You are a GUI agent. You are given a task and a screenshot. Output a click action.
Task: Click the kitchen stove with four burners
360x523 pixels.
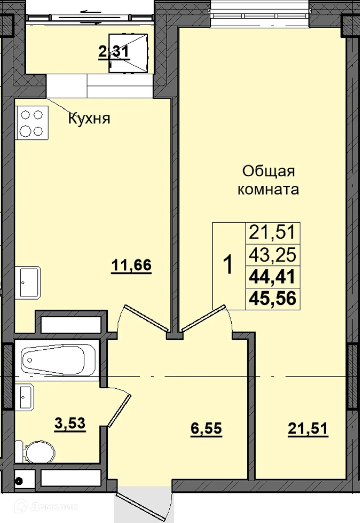[32, 123]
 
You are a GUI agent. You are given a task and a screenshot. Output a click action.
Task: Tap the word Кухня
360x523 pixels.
[89, 118]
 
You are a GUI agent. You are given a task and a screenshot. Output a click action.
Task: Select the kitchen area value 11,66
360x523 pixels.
[131, 264]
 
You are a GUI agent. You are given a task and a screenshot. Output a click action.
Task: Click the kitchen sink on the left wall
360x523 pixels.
[29, 282]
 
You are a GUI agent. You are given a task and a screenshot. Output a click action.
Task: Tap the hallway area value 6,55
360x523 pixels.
[206, 428]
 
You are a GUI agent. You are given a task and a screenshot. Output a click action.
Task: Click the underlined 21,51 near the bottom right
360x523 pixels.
[308, 428]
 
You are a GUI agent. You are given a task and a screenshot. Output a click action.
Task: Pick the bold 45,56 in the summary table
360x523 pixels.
[272, 298]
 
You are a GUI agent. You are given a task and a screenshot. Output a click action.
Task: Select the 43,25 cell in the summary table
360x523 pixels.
[272, 254]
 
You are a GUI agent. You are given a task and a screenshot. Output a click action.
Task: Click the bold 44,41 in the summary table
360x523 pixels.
[272, 277]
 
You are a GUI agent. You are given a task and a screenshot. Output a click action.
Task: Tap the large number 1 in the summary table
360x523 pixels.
[228, 265]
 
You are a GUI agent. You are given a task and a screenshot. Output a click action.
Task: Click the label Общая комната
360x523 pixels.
[268, 180]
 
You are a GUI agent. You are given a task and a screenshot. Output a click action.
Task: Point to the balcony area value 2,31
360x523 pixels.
[114, 51]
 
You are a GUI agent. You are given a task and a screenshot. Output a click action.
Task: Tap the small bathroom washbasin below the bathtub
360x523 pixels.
[26, 396]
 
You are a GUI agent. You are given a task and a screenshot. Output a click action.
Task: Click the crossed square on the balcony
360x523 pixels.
[128, 53]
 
